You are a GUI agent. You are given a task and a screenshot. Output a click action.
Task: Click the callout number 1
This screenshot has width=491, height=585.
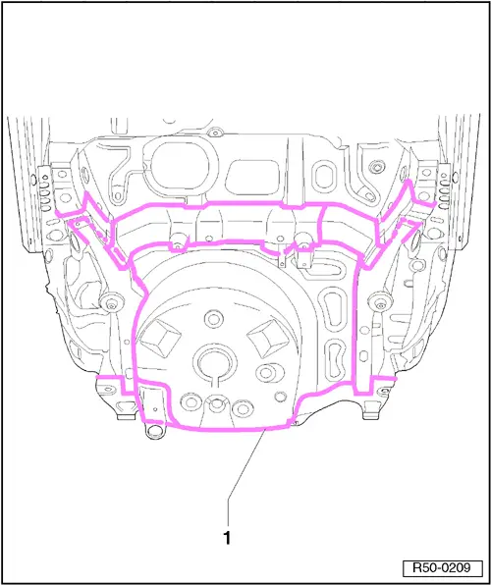pos(227,538)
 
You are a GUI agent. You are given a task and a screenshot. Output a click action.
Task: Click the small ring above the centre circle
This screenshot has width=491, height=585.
pos(213,319)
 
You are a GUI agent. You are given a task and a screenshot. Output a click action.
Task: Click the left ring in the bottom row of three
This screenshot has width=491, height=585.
pos(191,401)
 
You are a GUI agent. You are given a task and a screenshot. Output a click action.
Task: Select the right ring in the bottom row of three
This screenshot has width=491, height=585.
pos(243,409)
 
